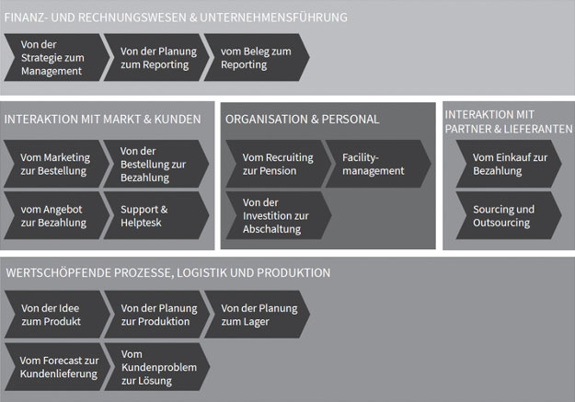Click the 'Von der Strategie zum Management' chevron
click(56, 57)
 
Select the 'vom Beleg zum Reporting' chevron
click(257, 57)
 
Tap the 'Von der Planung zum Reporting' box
click(156, 57)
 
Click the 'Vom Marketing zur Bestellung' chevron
click(56, 164)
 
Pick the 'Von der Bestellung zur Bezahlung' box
click(156, 164)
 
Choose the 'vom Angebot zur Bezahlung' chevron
click(56, 215)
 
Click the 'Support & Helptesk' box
click(156, 215)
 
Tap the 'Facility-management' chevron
click(378, 164)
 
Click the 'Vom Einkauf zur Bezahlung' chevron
click(509, 164)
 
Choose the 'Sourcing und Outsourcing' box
click(509, 215)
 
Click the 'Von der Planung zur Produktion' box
click(157, 315)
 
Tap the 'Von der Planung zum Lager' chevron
click(257, 315)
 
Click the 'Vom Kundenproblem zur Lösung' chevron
click(157, 367)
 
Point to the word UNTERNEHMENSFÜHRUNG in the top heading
click(273, 17)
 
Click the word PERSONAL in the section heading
click(351, 120)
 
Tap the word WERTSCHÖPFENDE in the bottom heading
click(59, 272)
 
